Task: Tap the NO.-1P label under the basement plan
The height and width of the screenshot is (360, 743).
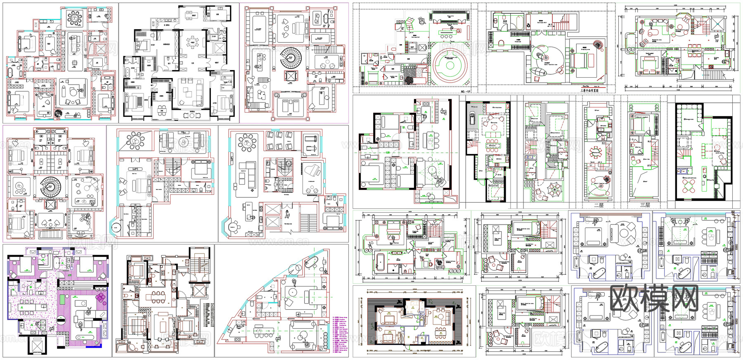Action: [465, 91]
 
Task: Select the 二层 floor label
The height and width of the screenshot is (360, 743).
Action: [599, 205]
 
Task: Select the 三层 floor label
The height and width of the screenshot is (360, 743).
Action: [645, 205]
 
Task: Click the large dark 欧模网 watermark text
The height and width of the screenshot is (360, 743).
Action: [654, 298]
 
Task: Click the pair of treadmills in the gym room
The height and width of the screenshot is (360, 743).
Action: [310, 142]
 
